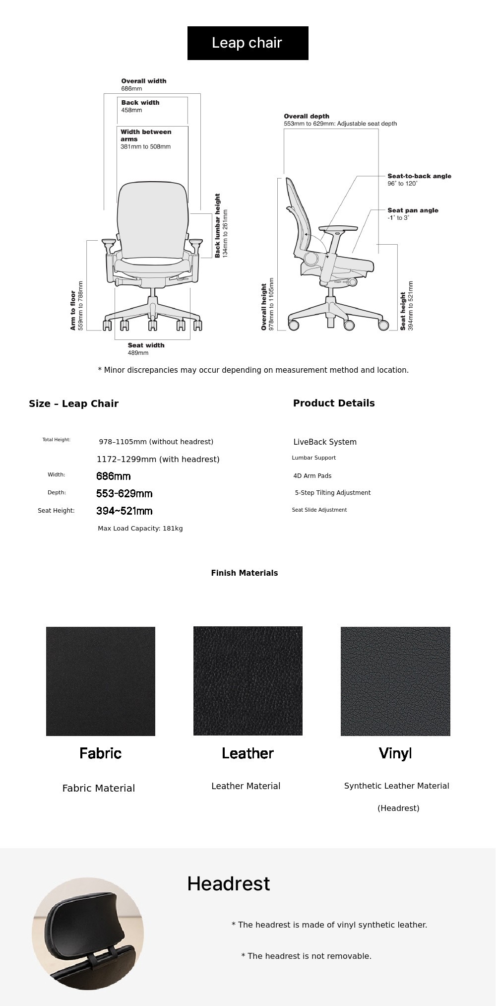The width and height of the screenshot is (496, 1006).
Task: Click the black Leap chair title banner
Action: tap(248, 43)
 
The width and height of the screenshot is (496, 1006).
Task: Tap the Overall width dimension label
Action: tap(144, 84)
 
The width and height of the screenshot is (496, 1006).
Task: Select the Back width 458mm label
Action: tap(140, 106)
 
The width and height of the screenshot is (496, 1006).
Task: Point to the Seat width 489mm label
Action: tap(146, 349)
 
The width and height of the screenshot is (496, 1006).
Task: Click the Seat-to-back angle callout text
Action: tap(419, 180)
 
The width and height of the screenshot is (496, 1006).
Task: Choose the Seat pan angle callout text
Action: tap(413, 214)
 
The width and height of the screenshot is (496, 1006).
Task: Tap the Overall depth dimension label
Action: tap(340, 120)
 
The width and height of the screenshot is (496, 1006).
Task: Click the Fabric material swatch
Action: tap(101, 681)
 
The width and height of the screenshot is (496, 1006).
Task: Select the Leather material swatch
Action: tap(248, 681)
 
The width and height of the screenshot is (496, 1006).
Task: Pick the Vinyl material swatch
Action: tap(395, 681)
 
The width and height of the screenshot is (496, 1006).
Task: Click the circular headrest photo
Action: tap(88, 934)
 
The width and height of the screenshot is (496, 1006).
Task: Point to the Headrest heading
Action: tap(229, 884)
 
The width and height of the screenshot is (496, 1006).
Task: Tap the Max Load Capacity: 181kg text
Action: tap(140, 529)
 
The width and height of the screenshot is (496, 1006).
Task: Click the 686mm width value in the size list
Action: tap(114, 476)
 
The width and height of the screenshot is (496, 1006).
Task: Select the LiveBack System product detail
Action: tap(325, 442)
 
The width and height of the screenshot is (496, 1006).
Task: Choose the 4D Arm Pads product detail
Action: tap(312, 476)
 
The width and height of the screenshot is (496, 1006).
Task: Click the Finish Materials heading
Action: tap(245, 573)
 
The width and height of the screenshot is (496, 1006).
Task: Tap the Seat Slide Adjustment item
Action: tap(319, 510)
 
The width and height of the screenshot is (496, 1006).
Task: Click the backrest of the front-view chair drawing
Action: tap(152, 218)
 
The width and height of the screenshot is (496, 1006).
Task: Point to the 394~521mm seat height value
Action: tap(124, 511)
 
